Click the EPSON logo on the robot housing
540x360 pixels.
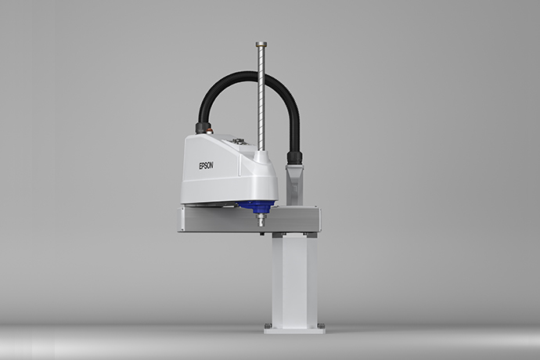206,166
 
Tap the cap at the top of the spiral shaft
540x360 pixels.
261,44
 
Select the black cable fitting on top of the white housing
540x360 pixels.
202,127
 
